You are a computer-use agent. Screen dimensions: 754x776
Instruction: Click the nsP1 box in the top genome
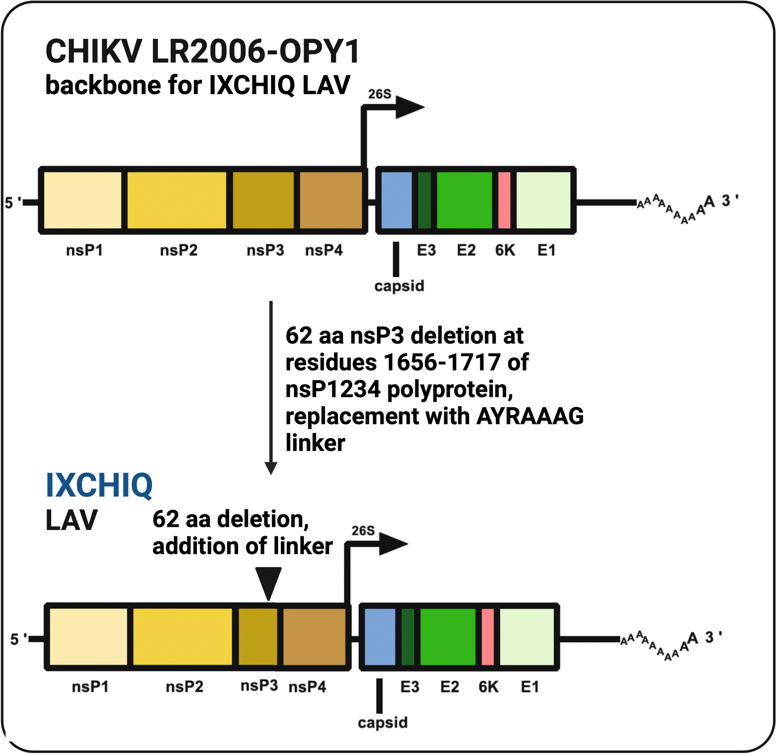click(83, 200)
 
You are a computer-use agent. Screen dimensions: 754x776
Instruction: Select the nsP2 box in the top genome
click(177, 200)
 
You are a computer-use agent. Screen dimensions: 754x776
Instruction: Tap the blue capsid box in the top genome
click(396, 200)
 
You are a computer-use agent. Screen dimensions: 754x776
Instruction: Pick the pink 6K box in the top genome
click(504, 200)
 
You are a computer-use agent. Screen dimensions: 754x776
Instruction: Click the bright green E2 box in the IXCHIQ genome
click(447, 637)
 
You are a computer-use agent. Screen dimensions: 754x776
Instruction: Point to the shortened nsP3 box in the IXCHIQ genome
click(257, 637)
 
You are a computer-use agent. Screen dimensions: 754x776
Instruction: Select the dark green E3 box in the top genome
click(424, 200)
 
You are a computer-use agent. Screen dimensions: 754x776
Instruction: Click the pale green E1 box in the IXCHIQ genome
click(527, 637)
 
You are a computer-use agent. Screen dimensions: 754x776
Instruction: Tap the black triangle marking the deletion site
click(269, 583)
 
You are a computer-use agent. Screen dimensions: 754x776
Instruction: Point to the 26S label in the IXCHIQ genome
click(363, 531)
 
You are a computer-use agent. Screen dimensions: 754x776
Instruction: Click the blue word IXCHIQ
click(99, 485)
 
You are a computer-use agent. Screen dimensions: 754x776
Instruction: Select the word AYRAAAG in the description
click(530, 416)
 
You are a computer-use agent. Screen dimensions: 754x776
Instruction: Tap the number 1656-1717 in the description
click(442, 363)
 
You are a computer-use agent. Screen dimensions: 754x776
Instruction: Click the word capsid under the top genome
click(399, 286)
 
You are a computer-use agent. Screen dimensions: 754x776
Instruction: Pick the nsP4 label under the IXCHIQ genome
click(307, 687)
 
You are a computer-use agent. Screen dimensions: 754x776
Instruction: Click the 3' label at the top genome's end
click(730, 200)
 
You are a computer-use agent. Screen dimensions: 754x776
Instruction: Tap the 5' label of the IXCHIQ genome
click(19, 639)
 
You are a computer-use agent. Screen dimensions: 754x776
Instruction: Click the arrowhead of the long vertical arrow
click(271, 468)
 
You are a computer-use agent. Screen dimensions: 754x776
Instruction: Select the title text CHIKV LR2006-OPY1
click(203, 52)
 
